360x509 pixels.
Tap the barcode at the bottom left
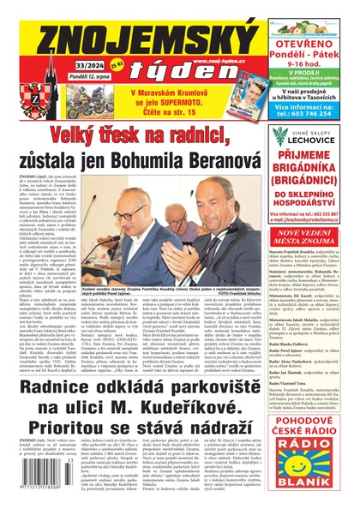pos(43,490)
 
